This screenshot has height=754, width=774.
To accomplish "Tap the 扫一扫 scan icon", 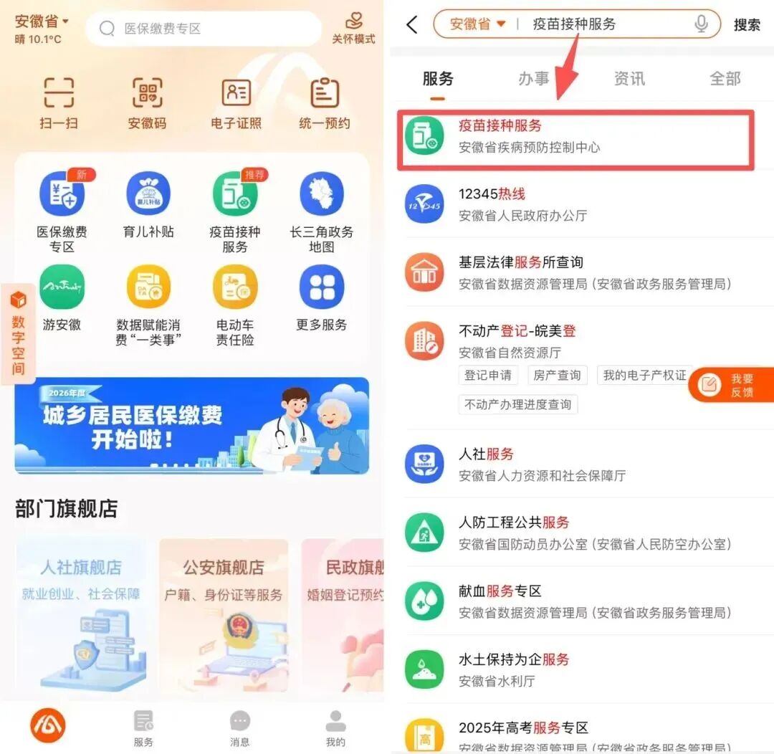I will click(59, 93).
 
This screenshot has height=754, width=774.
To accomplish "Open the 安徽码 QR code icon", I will click(147, 93).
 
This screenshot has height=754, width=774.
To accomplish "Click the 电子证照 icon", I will click(236, 93).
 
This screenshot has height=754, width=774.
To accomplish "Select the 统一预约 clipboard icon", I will click(325, 93).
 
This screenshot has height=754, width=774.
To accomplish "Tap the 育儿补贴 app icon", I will click(148, 194).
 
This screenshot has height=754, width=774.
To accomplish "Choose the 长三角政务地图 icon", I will click(322, 194).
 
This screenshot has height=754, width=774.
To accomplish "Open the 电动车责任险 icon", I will click(235, 287).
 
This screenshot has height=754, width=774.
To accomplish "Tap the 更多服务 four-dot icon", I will click(322, 287).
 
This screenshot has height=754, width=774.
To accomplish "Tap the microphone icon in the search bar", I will click(702, 24).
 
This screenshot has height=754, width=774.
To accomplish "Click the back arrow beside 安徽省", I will click(412, 24).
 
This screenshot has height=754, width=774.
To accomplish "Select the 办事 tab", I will click(533, 78).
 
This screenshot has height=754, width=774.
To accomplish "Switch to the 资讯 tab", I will click(629, 78).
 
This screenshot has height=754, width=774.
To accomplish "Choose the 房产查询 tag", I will click(557, 375).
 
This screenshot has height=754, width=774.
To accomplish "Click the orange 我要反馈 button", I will click(731, 385).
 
